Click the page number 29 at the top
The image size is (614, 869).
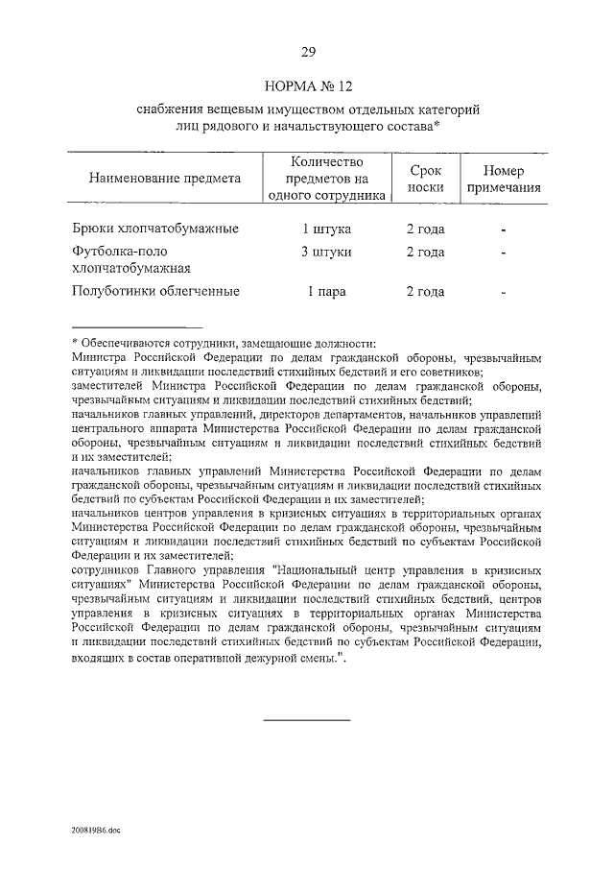[x=308, y=52]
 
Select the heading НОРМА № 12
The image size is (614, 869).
[x=308, y=86]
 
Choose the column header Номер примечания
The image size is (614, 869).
[x=503, y=178]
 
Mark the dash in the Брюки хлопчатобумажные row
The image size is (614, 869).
[x=503, y=230]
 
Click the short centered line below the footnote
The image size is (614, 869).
[x=307, y=719]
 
